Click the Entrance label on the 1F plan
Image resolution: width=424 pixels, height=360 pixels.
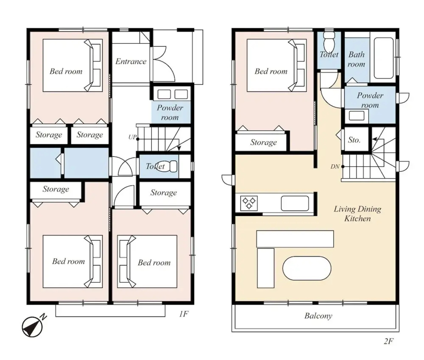[131, 62]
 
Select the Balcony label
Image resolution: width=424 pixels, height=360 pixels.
[318, 316]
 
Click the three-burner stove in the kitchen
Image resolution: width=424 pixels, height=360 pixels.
[249, 203]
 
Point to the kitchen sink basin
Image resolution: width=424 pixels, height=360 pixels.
[295, 203]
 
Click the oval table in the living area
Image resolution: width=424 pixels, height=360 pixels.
[307, 268]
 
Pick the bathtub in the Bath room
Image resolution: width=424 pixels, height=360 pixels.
[384, 58]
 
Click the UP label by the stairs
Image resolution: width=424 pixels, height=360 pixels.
[132, 137]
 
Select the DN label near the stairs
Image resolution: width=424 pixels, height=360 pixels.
[335, 167]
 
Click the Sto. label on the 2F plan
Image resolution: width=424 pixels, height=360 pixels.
[354, 140]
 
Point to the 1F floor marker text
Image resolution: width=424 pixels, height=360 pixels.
[183, 314]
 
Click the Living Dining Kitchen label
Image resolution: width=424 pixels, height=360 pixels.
[358, 214]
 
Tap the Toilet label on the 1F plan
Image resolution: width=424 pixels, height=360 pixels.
[155, 166]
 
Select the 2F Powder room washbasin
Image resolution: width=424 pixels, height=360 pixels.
[357, 116]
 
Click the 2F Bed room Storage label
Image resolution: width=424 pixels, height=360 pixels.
[264, 142]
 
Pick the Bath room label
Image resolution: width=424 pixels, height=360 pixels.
[357, 59]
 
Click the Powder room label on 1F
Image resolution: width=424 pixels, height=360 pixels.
[170, 113]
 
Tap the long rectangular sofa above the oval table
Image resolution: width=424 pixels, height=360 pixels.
[295, 239]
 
